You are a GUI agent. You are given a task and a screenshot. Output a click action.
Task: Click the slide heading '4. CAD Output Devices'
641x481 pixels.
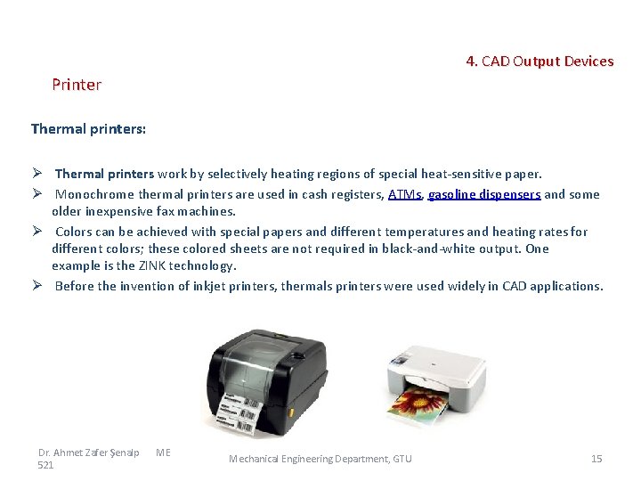[x=540, y=61]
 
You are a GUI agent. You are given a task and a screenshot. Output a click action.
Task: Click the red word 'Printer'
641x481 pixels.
[x=77, y=85]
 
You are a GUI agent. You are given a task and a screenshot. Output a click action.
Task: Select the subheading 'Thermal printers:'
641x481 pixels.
[x=88, y=129]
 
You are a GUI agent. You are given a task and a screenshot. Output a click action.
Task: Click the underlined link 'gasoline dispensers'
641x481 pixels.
[x=483, y=194]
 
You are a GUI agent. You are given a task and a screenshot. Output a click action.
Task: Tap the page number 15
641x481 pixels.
[x=596, y=459]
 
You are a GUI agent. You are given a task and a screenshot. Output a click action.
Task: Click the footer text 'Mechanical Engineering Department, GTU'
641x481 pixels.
[x=320, y=459]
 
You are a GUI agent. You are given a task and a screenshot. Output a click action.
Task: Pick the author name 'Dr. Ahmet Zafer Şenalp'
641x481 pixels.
[x=89, y=452]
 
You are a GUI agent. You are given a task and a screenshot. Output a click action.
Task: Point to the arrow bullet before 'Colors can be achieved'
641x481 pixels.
[x=38, y=232]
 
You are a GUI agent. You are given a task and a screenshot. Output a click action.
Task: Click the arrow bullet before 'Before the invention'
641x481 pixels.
[x=38, y=286]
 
